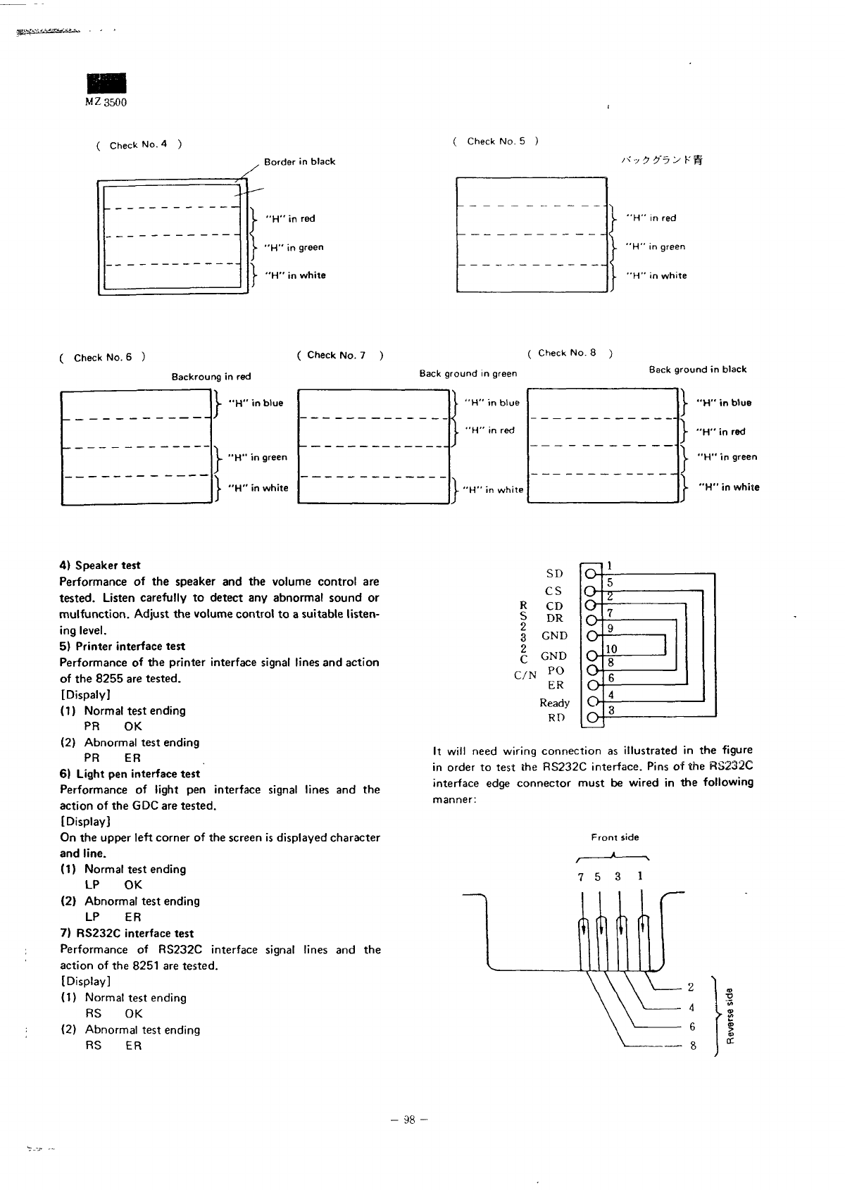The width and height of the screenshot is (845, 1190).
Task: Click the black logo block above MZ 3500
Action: (106, 83)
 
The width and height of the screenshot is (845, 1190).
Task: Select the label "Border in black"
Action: (299, 162)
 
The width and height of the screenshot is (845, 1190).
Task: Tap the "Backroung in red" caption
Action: (211, 377)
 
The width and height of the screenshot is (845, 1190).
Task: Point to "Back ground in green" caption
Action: (468, 374)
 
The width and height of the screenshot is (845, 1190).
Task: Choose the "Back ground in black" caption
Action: (697, 370)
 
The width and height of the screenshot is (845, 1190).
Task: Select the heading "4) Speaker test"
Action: (100, 565)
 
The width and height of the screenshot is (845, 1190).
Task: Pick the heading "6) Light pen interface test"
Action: (130, 774)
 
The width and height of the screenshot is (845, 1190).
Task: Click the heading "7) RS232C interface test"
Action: (127, 934)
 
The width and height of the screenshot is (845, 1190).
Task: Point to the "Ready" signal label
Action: (554, 703)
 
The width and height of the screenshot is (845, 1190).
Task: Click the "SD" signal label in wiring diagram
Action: (554, 574)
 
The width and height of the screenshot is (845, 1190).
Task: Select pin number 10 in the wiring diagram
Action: (611, 649)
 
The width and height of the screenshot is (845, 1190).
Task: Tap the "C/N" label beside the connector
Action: (525, 675)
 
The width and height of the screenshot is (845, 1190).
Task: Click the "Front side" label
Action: (615, 837)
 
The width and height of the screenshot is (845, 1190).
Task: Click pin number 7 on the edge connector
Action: (580, 877)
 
